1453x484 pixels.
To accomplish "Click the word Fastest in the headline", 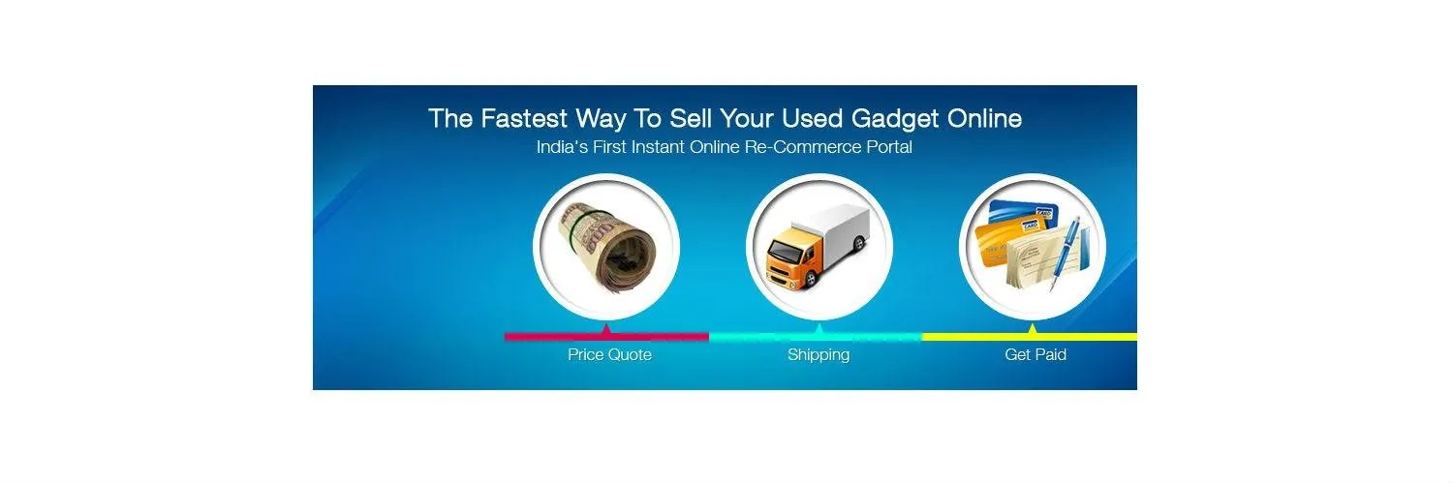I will pyautogui.click(x=522, y=119).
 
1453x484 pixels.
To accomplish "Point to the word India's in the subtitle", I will pyautogui.click(x=561, y=148).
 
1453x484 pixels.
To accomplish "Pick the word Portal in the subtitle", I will pyautogui.click(x=885, y=148).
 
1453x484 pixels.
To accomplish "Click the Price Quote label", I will pyautogui.click(x=609, y=355).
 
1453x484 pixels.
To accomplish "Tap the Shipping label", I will pyautogui.click(x=819, y=355).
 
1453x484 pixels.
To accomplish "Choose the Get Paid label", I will pyautogui.click(x=1036, y=355).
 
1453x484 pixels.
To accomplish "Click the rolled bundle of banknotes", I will pyautogui.click(x=607, y=247).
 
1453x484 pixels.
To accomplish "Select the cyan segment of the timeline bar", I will pyautogui.click(x=765, y=337).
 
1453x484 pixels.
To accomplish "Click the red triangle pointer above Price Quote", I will pyautogui.click(x=606, y=330).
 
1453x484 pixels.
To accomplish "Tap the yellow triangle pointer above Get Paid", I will pyautogui.click(x=1033, y=330).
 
